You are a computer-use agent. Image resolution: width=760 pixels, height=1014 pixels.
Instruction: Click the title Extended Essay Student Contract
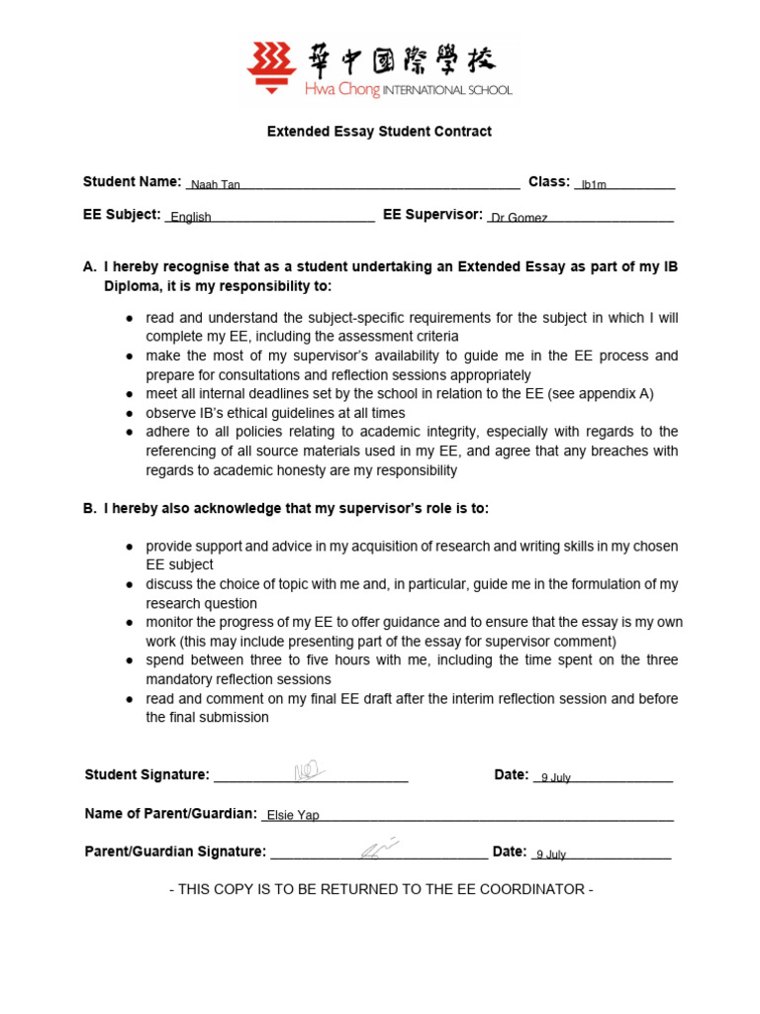[379, 131]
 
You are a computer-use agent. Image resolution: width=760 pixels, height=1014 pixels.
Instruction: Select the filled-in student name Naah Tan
[215, 185]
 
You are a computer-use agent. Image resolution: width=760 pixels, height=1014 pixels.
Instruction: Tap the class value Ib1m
[594, 185]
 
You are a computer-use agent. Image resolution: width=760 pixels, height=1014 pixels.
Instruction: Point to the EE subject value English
[191, 218]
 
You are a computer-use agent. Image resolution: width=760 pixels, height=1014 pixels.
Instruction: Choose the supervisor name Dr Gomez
[520, 218]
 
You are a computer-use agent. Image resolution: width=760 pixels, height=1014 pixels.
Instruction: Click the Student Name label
[132, 182]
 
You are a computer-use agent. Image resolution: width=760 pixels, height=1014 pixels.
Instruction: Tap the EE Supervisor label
[432, 215]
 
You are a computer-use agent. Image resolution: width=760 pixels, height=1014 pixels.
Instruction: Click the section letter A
[89, 267]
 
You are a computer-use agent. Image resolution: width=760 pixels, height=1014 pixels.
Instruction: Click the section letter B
[89, 509]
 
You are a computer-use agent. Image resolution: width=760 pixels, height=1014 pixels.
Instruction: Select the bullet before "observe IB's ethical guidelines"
[131, 413]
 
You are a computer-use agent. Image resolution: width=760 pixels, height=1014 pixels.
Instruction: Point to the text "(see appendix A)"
[605, 394]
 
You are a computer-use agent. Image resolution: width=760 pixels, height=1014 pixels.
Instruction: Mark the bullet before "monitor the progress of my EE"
[131, 623]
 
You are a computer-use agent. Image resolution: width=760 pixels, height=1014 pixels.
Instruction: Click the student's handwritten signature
[309, 771]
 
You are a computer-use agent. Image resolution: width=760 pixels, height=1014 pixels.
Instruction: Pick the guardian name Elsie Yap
[293, 817]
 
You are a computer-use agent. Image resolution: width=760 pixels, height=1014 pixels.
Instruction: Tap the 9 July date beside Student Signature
[555, 778]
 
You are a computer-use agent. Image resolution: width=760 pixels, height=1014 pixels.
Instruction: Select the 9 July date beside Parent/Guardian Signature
[550, 855]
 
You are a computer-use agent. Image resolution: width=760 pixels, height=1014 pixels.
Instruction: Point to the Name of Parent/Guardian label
[171, 814]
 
